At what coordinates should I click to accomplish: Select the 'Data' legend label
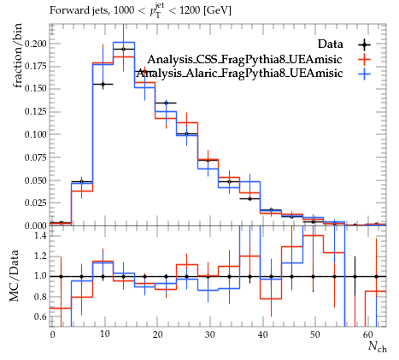point(331,44)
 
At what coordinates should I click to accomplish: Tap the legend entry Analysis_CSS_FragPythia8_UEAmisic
point(244,60)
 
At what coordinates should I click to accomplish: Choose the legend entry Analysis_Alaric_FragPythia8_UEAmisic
point(239,74)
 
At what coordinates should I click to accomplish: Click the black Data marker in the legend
point(365,44)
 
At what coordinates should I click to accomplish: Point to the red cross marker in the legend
point(365,60)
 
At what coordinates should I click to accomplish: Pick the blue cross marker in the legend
point(365,74)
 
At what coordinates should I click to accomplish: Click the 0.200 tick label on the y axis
point(35,44)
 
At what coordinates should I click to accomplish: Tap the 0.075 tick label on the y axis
point(35,157)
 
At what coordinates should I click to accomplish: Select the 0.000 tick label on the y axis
point(35,226)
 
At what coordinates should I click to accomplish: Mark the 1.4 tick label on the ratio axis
point(40,235)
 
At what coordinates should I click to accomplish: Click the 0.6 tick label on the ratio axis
point(40,316)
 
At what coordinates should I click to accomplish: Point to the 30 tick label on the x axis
point(210,334)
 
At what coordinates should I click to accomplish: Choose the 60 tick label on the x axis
point(368,334)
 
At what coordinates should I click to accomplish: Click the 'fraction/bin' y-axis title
point(17,56)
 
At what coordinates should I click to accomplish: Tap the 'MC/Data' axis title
point(15,275)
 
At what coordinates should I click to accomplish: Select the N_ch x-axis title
point(378,347)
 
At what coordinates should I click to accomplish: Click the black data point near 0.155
point(103,84)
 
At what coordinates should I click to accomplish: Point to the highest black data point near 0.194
point(123,49)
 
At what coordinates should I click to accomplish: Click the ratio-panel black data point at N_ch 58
point(355,276)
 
